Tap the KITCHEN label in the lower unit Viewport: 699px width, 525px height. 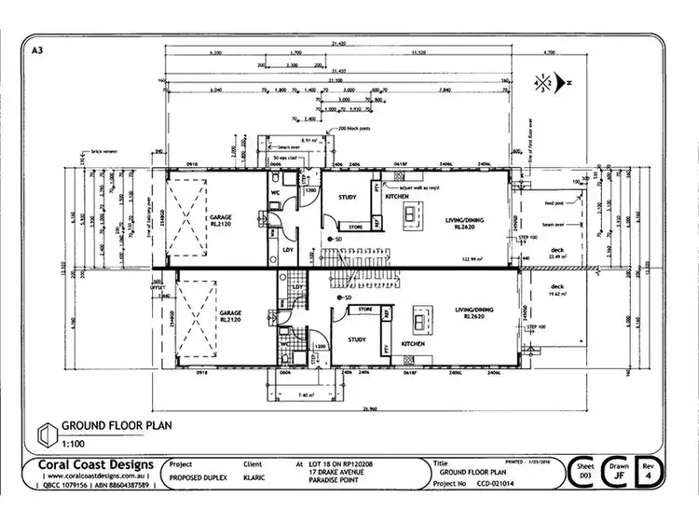[414, 343]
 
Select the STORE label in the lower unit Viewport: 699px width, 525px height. [365, 309]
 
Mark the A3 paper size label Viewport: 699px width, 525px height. [36, 52]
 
